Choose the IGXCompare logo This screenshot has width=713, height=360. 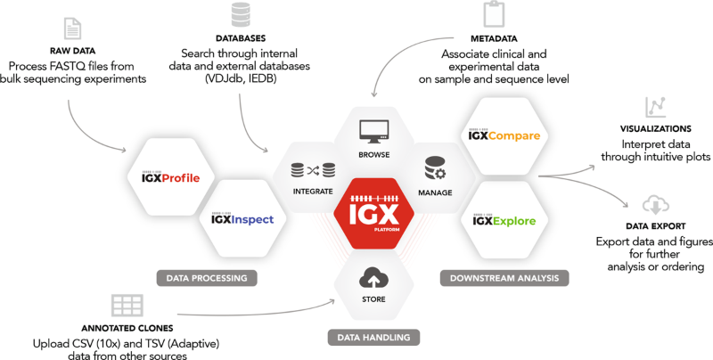(504, 137)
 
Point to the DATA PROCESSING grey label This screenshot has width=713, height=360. (206, 278)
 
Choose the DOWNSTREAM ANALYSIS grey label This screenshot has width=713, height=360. (504, 278)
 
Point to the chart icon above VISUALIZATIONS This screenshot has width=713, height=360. (657, 107)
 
